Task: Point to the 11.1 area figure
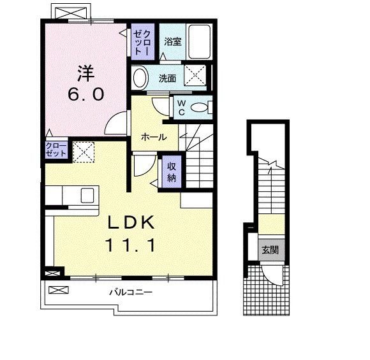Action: tap(129, 245)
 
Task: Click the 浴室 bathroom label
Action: tap(172, 43)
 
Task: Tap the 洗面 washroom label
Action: tap(167, 79)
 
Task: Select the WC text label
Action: tap(181, 108)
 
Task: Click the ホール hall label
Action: tap(153, 137)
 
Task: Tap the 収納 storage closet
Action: tap(172, 171)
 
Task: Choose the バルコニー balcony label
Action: tap(129, 293)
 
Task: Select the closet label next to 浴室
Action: tap(140, 42)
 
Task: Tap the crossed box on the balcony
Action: tap(57, 290)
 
